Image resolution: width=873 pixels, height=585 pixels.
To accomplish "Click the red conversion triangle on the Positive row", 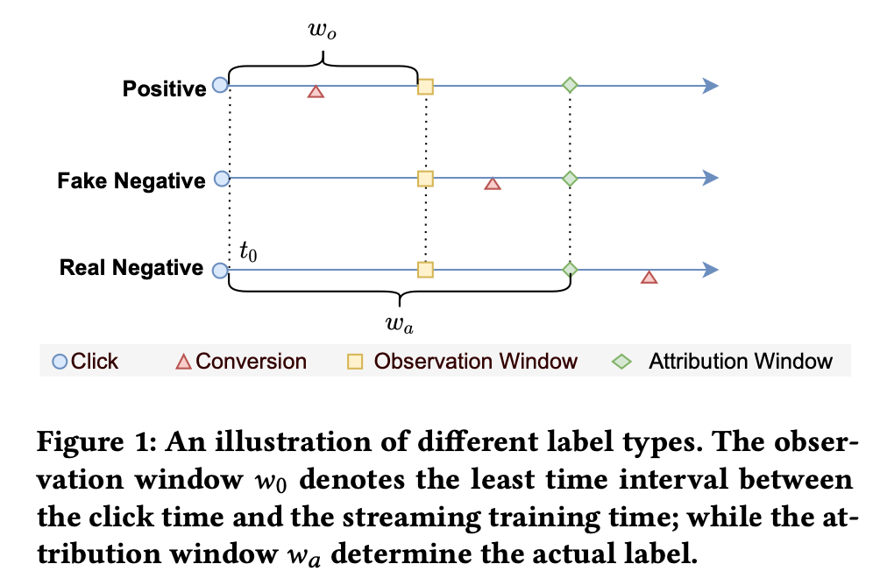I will pos(316,91).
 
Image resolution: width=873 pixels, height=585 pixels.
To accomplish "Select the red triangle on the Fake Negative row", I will pos(493,184).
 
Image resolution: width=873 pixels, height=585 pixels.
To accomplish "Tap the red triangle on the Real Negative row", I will pos(649,278).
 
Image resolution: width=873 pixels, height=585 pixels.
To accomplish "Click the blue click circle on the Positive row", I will pos(221,86).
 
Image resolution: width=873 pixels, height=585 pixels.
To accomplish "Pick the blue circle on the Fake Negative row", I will pos(222,179).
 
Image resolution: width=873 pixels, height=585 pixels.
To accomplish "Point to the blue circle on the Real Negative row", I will pos(220,271).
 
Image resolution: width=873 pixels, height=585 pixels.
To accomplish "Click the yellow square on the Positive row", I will pos(425,86).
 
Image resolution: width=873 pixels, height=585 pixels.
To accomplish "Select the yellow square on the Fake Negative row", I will pos(425,179).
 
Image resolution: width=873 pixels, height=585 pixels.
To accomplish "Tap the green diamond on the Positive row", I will pos(570,86).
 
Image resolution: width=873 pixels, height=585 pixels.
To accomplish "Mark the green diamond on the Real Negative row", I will pos(570,270).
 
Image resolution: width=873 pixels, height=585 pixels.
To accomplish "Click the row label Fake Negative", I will pos(131,181).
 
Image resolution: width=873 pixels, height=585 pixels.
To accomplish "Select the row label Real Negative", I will pos(131,268).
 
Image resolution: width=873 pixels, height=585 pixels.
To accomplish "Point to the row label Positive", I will pos(164,88).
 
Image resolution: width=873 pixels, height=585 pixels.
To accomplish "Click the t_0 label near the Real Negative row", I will pos(248,252).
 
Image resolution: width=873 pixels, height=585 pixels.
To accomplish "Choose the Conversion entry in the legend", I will pos(251,361).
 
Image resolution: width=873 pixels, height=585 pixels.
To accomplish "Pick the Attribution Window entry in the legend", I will pos(741,361).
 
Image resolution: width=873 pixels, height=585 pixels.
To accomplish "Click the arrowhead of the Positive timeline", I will pos(711,86).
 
